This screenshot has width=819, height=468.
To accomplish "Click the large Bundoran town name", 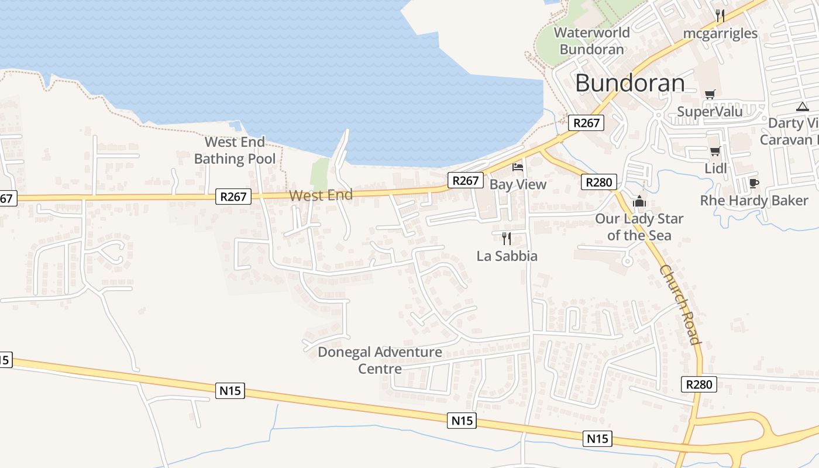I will [629, 83].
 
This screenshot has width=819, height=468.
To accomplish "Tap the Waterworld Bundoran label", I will [591, 41].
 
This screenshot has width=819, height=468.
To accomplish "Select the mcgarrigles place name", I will [720, 33].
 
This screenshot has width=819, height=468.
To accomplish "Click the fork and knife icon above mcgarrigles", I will [720, 16].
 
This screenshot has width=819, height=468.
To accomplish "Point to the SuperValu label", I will [710, 111].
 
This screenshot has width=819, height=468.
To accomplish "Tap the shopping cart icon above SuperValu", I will [710, 94].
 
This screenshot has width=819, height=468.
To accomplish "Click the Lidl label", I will [715, 168].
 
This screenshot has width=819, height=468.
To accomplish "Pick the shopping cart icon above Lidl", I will [715, 152].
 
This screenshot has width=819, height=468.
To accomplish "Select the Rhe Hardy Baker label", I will [754, 201].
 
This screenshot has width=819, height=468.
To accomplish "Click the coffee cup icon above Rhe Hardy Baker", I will [753, 184].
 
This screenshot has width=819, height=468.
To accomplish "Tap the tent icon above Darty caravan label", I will [802, 106].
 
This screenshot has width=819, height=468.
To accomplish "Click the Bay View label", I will [518, 184].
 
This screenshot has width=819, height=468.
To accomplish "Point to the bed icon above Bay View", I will [518, 167].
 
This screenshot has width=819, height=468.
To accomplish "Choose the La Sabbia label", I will [507, 256].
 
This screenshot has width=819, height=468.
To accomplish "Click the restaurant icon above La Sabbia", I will [507, 238].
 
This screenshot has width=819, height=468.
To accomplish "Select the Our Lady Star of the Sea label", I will [639, 227].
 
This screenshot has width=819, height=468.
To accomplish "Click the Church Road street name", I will [680, 305].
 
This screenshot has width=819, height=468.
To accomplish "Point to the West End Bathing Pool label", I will [235, 150].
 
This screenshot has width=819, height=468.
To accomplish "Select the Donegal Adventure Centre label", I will [380, 360].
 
